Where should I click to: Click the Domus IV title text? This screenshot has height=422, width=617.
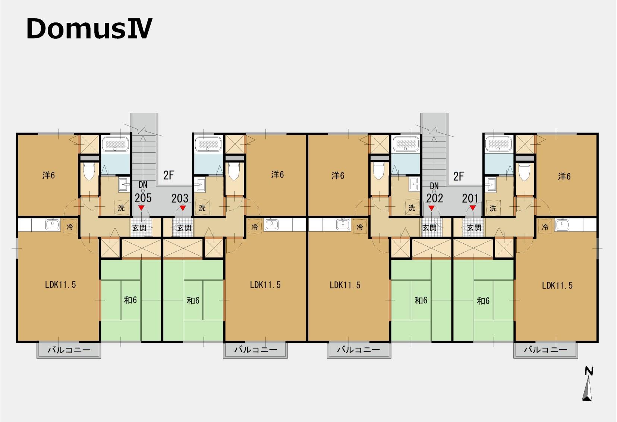89,28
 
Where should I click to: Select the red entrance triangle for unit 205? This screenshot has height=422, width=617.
141,208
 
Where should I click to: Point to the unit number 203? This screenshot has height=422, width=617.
180,198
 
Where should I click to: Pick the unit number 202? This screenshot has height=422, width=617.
435,198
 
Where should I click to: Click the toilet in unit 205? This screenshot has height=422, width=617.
89,171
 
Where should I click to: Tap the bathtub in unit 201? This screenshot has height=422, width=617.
499,144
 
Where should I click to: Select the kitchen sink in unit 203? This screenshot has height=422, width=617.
271,225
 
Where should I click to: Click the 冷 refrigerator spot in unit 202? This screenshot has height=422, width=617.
359,227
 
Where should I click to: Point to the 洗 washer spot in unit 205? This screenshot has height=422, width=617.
121,207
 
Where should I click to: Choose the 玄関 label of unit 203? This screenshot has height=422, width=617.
184,228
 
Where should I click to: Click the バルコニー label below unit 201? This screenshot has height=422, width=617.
545,350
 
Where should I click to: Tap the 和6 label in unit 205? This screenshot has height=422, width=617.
130,300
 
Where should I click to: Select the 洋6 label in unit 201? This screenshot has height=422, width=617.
564,176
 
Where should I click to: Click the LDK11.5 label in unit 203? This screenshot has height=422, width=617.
265,285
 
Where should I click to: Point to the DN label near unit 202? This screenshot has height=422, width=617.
434,186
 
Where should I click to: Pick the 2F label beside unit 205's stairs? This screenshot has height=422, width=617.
169,175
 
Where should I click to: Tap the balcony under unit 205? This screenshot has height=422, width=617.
69,350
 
